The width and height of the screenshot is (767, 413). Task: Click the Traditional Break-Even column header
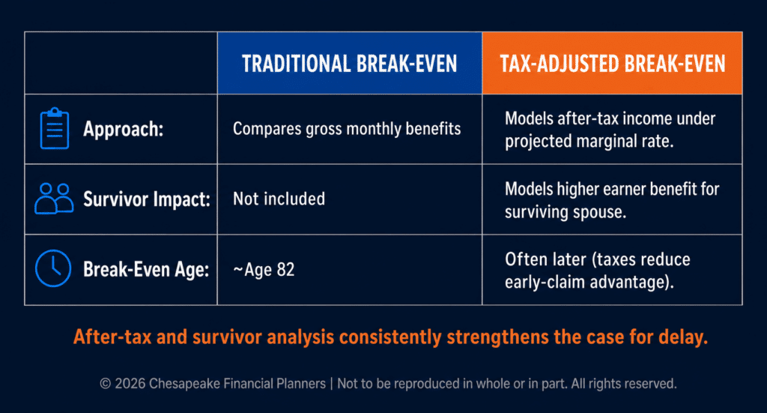349,64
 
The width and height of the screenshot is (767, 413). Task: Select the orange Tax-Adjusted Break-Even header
612,64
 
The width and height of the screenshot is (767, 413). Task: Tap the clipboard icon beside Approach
54,128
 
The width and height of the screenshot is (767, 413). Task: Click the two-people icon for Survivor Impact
54,199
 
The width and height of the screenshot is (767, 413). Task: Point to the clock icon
53,268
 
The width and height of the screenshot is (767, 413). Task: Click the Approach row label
124,129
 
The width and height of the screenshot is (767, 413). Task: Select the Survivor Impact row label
147,199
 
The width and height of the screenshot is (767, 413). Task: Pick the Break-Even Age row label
146,269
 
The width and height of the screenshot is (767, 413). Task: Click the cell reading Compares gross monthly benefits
347,129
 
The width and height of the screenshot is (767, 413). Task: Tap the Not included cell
279,199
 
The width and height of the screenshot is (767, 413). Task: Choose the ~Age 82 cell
264,270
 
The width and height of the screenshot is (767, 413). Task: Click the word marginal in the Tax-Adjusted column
621,142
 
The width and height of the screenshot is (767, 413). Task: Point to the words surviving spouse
566,212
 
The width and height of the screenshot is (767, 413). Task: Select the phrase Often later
545,259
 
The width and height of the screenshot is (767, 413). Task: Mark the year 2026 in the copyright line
130,384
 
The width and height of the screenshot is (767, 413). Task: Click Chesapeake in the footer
184,384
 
